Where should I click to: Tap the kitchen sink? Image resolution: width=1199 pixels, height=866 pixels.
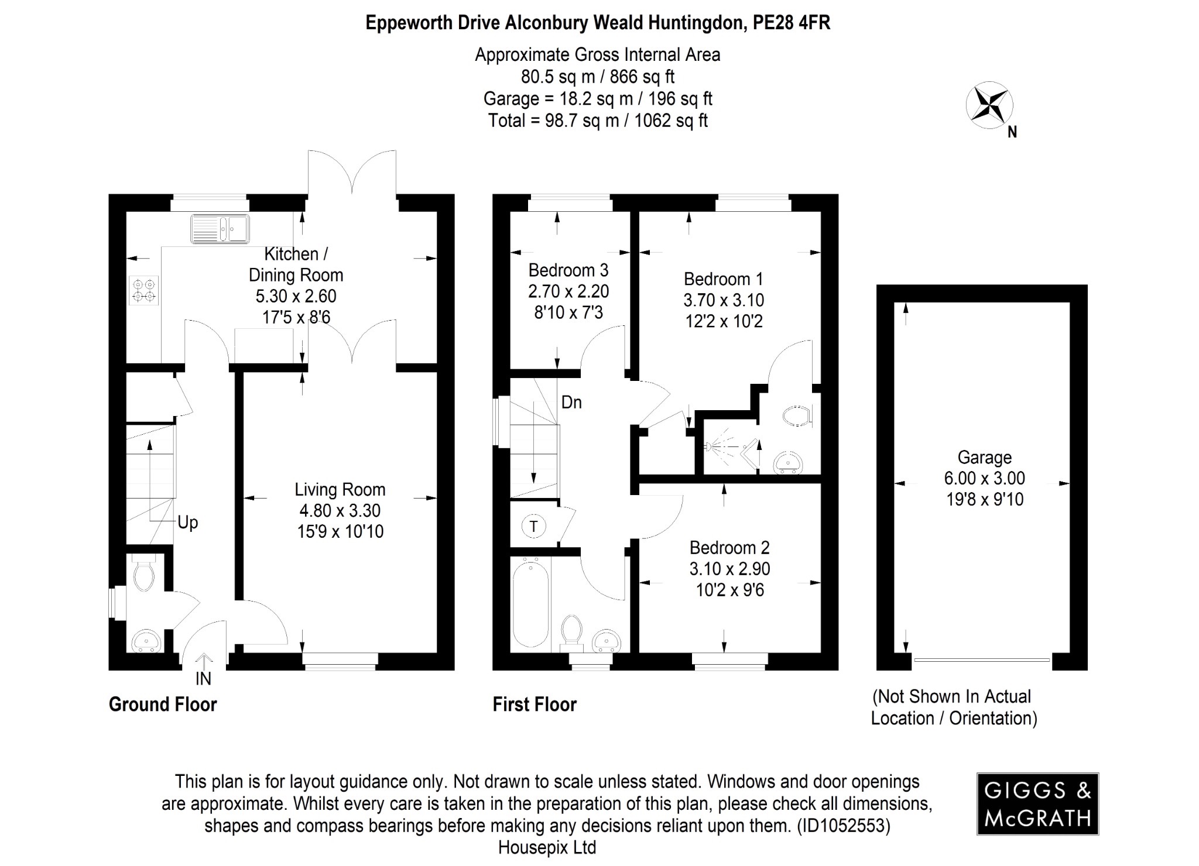click(x=220, y=229)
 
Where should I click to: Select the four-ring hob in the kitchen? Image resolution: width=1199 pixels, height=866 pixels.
click(x=144, y=291)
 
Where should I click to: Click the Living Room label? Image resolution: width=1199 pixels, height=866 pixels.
click(x=340, y=489)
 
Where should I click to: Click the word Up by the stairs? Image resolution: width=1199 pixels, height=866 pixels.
click(x=188, y=523)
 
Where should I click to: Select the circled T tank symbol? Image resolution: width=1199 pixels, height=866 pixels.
click(x=533, y=526)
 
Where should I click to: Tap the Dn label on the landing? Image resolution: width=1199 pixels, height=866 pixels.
click(x=571, y=403)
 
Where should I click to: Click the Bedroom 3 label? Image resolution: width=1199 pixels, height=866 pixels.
click(x=568, y=270)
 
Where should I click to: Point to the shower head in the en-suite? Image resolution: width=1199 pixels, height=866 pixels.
click(x=710, y=446)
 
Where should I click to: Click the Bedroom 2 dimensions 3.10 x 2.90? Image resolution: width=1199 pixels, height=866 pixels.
click(x=729, y=569)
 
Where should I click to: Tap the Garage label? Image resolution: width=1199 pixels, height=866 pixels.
click(x=984, y=457)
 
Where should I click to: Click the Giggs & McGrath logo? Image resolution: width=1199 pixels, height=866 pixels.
click(x=1037, y=803)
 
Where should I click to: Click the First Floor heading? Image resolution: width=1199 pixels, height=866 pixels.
click(x=535, y=705)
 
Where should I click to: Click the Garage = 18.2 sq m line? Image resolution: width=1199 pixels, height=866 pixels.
click(x=597, y=99)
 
